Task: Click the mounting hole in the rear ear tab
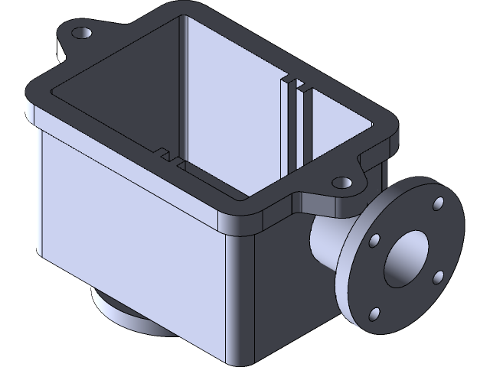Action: (81, 33)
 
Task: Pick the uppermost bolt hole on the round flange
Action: (439, 203)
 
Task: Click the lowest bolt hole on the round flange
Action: (374, 313)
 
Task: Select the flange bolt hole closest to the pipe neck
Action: (374, 241)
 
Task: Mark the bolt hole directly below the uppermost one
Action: (439, 277)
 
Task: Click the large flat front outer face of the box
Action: (130, 229)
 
